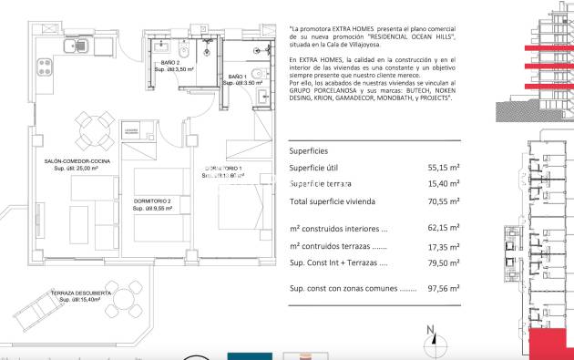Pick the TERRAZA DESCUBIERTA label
pos(81,292)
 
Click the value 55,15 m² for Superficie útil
pos(443,168)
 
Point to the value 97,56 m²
pos(443,288)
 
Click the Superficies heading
pos(308,150)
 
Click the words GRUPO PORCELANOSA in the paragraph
pos(323,94)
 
